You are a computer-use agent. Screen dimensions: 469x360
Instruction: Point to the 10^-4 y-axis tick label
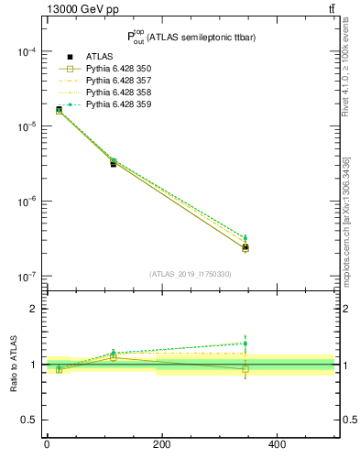tap(26, 51)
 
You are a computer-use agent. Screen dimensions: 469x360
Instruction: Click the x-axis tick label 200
tap(162, 445)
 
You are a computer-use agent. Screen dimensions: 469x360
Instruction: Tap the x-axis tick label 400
tap(277, 445)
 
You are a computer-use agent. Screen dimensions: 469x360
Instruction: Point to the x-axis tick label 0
tap(47, 445)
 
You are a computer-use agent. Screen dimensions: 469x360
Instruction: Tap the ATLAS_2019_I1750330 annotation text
tap(191, 274)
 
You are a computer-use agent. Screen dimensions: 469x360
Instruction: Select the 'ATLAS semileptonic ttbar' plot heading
tap(190, 36)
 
